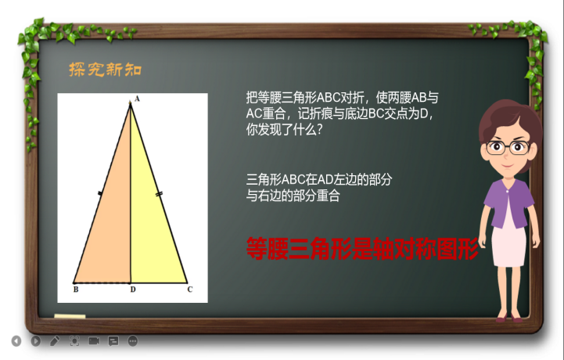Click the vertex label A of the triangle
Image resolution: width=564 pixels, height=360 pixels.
(x=137, y=99)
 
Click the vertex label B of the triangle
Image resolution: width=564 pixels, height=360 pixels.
(x=76, y=290)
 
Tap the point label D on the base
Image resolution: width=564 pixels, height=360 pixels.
(x=133, y=290)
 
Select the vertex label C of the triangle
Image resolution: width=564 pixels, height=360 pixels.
(x=190, y=290)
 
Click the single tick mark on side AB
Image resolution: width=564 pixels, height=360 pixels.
(x=100, y=193)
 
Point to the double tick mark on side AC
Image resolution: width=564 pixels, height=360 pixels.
(x=159, y=194)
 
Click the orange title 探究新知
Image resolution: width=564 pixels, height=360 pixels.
(x=106, y=69)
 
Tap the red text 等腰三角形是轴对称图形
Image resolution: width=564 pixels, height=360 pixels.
(x=362, y=248)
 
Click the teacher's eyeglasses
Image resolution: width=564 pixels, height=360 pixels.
(x=508, y=148)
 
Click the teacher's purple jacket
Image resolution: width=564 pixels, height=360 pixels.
(x=509, y=203)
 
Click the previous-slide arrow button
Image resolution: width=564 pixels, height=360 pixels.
(x=16, y=341)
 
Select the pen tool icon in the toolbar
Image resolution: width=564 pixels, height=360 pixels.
(x=55, y=341)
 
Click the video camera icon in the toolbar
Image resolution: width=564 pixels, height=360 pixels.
(x=94, y=340)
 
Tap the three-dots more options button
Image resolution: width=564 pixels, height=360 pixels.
(x=133, y=341)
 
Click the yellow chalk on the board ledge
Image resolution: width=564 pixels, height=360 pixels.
(x=70, y=316)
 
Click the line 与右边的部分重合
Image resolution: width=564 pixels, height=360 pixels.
(x=293, y=196)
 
